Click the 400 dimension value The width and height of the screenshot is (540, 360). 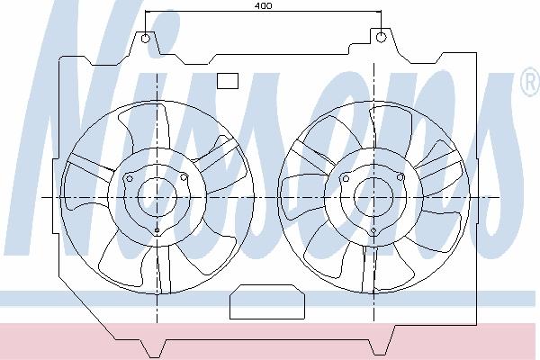click(264, 6)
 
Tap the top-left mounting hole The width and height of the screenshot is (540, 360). click(146, 38)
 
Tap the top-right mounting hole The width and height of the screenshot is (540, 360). click(381, 37)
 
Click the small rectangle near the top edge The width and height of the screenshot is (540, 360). click(228, 81)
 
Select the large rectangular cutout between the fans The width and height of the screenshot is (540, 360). click(267, 301)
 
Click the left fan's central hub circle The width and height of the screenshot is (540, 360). click(157, 197)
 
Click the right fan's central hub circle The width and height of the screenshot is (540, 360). click(373, 197)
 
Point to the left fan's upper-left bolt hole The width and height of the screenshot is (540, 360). click(130, 178)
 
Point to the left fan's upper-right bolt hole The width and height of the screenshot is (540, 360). click(184, 178)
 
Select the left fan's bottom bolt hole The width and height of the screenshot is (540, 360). click(157, 230)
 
